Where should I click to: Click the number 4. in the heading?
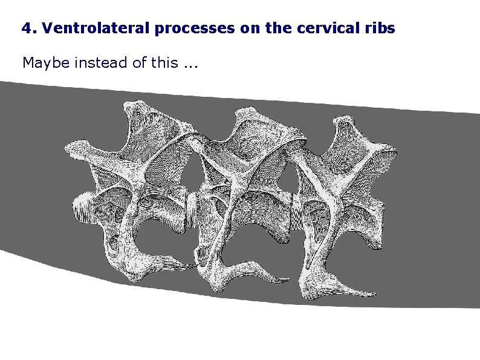tap(27, 28)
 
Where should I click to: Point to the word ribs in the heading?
tap(381, 28)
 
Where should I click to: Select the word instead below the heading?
tap(99, 62)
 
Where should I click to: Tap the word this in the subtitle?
tap(165, 62)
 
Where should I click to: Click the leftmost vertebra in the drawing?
tap(130, 182)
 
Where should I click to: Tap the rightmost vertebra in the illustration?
tap(345, 188)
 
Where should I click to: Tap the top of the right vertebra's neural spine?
tap(345, 124)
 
